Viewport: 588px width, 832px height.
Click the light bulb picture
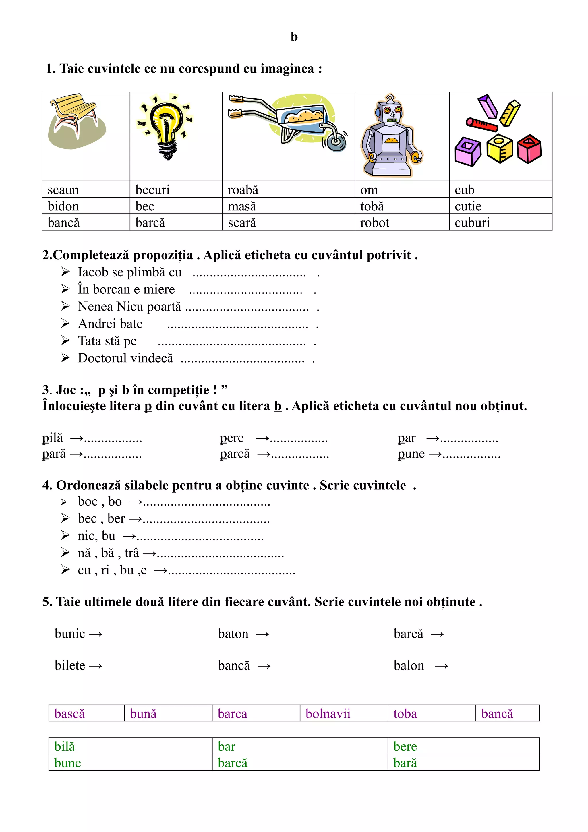[166, 129]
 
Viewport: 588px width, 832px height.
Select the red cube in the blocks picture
[529, 149]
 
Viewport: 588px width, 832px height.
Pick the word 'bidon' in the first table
[63, 206]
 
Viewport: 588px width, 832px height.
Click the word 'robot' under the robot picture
[375, 222]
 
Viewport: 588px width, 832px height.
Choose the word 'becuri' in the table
[152, 190]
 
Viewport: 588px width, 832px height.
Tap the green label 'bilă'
[65, 746]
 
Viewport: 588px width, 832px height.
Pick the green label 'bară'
[405, 763]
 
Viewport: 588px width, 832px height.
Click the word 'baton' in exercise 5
[233, 634]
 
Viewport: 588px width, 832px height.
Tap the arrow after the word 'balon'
[441, 666]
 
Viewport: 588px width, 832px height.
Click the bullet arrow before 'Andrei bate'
[65, 323]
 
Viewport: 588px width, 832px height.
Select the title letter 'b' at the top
[294, 37]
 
